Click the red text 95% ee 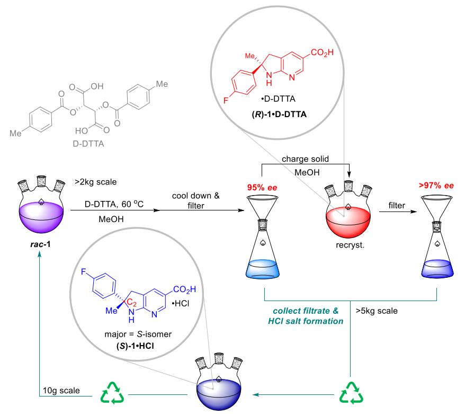263,187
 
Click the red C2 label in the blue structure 131,302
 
